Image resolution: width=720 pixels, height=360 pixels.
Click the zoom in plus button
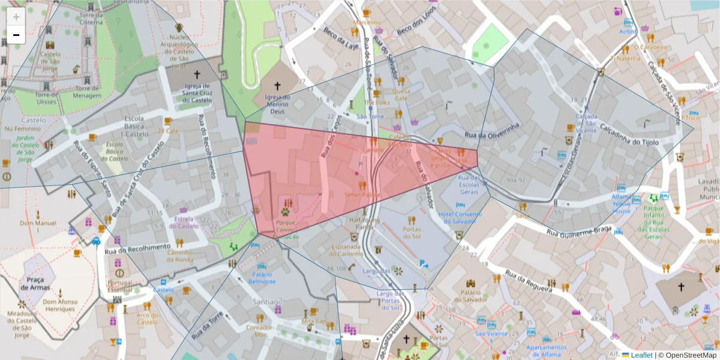tap(16, 16)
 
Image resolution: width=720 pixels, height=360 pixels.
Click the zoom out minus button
tap(16, 35)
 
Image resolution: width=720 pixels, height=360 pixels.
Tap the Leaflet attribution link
tap(641, 355)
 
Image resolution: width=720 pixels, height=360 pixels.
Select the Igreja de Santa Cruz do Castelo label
tap(197, 93)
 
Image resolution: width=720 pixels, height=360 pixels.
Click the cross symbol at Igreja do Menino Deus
tap(277, 86)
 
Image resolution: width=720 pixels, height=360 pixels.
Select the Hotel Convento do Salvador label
tap(460, 218)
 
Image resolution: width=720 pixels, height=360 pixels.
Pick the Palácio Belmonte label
tap(262, 278)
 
